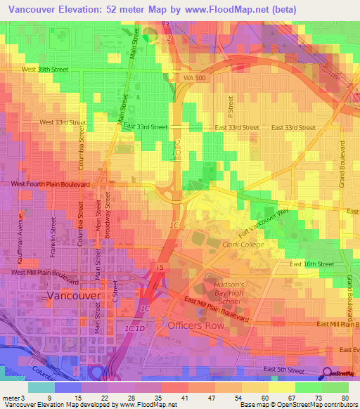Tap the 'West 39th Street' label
tap(44, 70)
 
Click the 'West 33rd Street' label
tap(63, 122)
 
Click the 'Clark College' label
tap(243, 245)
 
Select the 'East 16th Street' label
tap(312, 264)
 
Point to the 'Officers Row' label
tap(195, 326)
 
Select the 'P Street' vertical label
tap(230, 105)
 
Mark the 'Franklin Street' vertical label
tap(53, 235)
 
